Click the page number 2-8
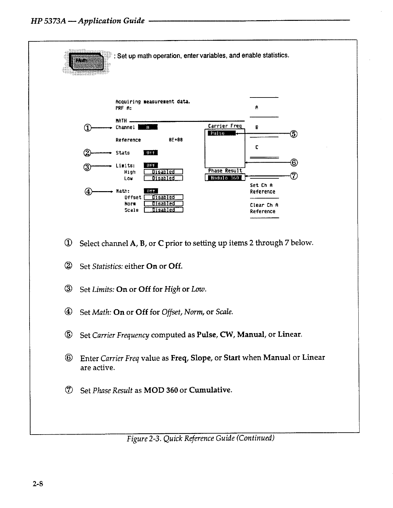(x=38, y=484)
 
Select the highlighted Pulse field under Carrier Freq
(x=222, y=133)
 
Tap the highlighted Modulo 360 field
(x=225, y=178)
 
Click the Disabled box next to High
(x=163, y=172)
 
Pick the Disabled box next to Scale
(x=163, y=210)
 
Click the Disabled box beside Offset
(x=163, y=197)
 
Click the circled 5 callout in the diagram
(x=293, y=134)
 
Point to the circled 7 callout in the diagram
(x=293, y=176)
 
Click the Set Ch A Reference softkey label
(x=262, y=189)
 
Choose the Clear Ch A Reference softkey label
(x=262, y=208)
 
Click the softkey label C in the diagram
(x=257, y=148)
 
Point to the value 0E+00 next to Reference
(x=176, y=140)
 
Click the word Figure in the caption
(x=137, y=438)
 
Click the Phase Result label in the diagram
(x=225, y=171)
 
